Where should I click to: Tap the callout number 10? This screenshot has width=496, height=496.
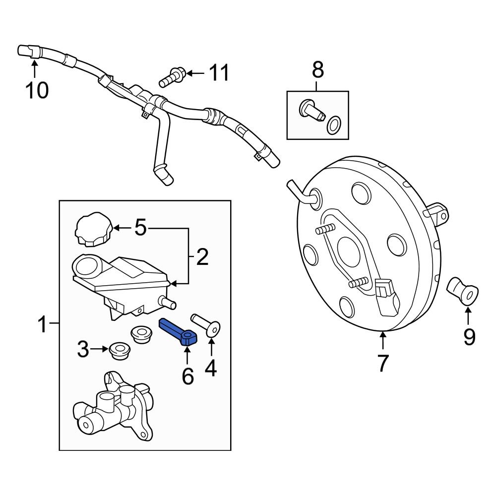click(37, 90)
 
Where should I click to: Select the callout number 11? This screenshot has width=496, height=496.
click(219, 73)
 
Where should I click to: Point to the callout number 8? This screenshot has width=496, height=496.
click(317, 70)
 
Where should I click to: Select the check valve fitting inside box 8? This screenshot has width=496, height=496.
click(311, 110)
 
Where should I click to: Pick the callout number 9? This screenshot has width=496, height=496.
click(469, 337)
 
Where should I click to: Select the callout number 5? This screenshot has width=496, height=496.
click(141, 228)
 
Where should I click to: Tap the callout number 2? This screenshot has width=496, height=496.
click(202, 257)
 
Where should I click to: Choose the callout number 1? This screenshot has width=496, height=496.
click(44, 325)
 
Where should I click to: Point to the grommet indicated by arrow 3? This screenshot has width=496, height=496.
click(119, 351)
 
